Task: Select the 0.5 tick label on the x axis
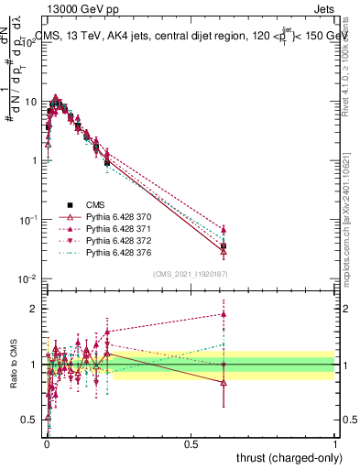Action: click(x=191, y=442)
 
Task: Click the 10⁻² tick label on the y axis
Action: click(x=28, y=278)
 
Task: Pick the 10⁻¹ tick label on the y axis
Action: click(x=28, y=220)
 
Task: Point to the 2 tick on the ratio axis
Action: click(x=35, y=309)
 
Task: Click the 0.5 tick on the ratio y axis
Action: click(x=31, y=420)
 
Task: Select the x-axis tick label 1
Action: click(x=335, y=442)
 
